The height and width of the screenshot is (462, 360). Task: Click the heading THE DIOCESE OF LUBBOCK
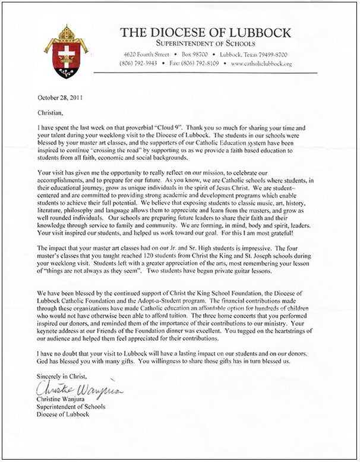click(x=205, y=33)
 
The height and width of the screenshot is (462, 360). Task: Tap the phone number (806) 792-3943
click(x=138, y=63)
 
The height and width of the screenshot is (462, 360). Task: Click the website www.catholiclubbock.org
click(x=261, y=63)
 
